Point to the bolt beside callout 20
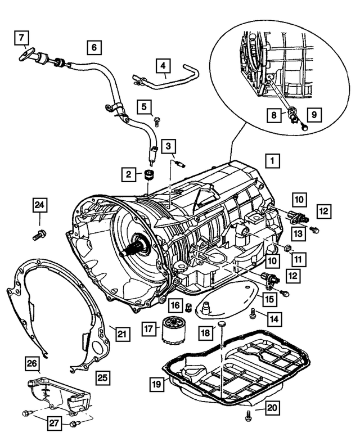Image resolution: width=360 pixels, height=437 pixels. tap(248, 416)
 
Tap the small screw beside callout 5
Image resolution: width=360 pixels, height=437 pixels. tap(157, 119)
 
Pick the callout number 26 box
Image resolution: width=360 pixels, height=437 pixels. tap(33, 364)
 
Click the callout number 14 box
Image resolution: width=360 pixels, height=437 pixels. tap(273, 319)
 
